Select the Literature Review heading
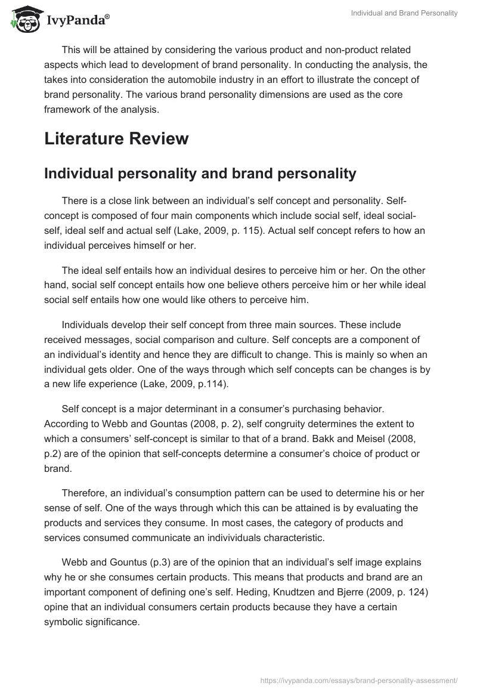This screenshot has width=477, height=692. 116,139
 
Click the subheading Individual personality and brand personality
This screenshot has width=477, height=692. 200,174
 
